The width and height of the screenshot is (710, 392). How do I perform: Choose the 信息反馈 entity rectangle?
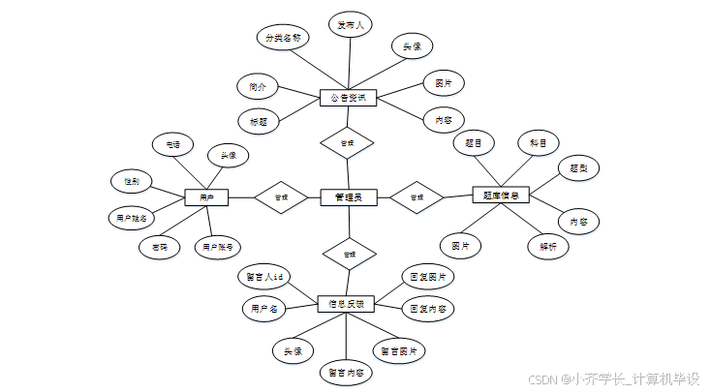coord(346,303)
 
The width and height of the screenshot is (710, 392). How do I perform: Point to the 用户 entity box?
coord(205,197)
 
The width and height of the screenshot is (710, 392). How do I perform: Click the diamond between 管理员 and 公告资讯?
coord(347,143)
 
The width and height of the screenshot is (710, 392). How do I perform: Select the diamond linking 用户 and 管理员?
coord(281,197)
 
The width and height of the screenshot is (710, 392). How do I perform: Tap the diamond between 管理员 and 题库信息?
coord(417,196)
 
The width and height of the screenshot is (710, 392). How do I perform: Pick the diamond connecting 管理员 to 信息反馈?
coord(347,255)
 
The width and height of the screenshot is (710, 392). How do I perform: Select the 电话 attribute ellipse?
coord(172,144)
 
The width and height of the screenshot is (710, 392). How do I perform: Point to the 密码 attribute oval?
coord(160,247)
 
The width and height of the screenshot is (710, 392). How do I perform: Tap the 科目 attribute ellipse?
coord(538,143)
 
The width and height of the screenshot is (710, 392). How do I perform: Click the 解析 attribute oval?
coord(547,246)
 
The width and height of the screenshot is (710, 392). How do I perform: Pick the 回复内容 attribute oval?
coord(427,309)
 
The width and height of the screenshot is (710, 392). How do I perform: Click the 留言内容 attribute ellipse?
coord(346,372)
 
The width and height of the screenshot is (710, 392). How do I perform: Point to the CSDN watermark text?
coord(617,378)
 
